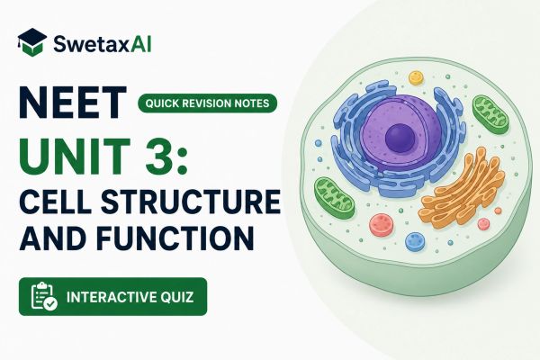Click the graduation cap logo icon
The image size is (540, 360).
(31, 42)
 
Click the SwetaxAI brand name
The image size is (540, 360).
(103, 44)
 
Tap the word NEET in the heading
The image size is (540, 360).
(73, 103)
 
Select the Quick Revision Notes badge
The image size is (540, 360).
(207, 103)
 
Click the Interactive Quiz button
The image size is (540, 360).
(113, 297)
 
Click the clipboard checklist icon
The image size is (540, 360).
(44, 296)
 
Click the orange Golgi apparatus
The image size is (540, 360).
(462, 190)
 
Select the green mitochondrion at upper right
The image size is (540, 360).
(490, 114)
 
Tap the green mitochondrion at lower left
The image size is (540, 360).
(334, 197)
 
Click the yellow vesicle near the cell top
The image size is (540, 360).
(416, 78)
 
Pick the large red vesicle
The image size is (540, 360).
(382, 225)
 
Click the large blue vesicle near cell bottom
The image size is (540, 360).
(415, 242)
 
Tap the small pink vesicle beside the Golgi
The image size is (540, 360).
(483, 224)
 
